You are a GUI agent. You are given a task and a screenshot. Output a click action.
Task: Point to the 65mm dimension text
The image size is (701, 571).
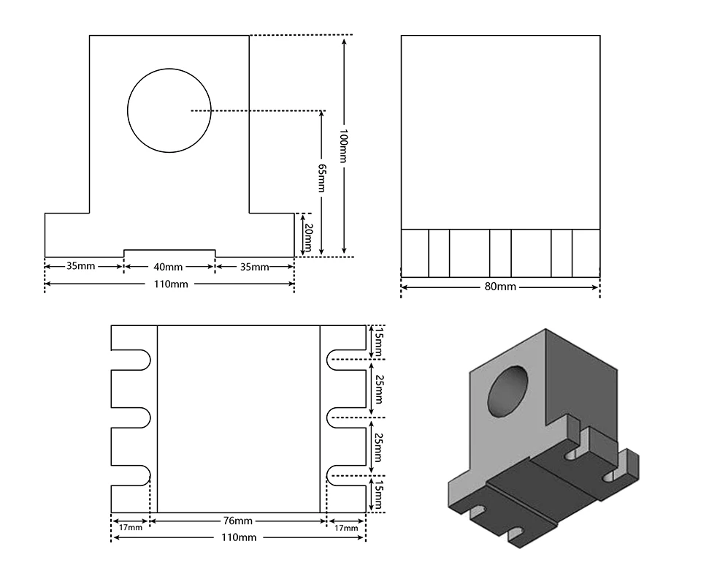[321, 178]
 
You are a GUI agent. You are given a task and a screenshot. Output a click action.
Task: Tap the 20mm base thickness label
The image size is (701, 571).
[307, 237]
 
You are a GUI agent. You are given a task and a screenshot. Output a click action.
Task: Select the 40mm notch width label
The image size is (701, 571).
[169, 267]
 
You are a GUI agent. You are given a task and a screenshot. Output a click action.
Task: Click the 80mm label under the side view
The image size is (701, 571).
[499, 287]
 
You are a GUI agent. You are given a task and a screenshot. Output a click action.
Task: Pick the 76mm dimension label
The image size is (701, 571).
[238, 521]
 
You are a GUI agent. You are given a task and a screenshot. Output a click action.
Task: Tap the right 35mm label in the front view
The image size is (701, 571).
[255, 267]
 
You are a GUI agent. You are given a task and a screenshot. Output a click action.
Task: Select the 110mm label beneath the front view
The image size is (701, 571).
[169, 284]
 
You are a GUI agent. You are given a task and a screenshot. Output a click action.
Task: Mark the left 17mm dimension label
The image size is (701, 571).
[130, 527]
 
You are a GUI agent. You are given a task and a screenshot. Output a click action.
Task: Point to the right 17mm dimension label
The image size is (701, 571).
[345, 527]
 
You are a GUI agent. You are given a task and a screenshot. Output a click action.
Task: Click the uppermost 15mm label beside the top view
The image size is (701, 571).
[378, 341]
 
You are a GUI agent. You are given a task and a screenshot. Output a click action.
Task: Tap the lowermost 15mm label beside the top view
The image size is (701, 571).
[378, 493]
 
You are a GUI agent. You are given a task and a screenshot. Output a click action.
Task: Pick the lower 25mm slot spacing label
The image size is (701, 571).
[378, 445]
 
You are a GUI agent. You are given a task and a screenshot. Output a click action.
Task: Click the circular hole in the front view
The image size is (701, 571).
[169, 110]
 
